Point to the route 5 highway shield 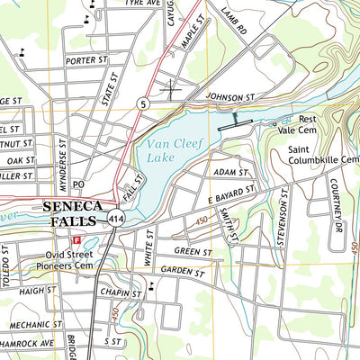click(143, 103)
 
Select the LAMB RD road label click(233, 23)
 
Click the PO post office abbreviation click(78, 184)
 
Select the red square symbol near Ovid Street click(76, 240)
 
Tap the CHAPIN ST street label click(122, 293)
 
